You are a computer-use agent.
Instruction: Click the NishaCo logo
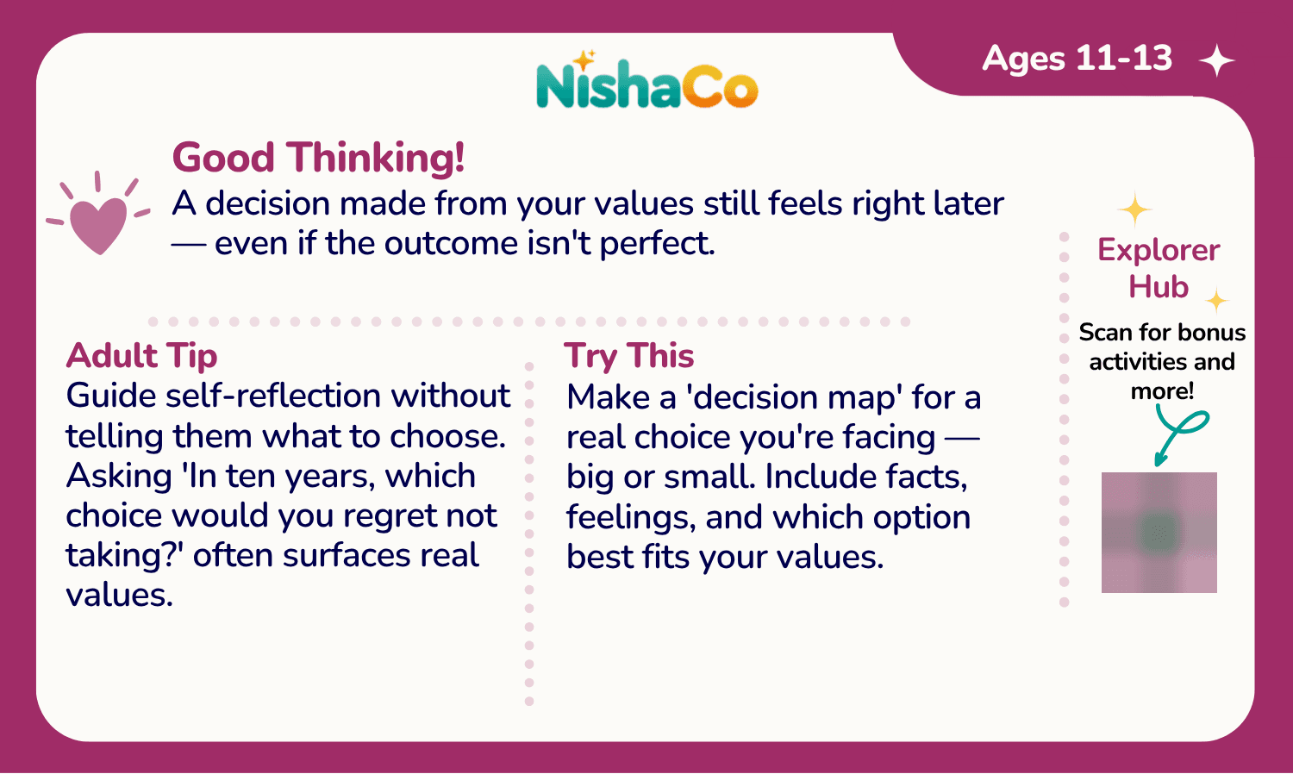point(647,80)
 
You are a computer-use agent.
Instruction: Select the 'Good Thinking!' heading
point(318,157)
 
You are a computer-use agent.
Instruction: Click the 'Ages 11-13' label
point(1077,59)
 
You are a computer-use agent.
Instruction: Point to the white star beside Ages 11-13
point(1217,60)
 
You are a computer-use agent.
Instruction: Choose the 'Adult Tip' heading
point(141,356)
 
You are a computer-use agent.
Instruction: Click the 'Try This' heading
point(629,356)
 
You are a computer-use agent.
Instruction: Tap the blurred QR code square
point(1159,532)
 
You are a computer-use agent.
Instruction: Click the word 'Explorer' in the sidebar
point(1159,250)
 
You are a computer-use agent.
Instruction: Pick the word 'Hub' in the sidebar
point(1159,286)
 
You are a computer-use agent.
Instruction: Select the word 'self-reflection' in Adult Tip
point(273,396)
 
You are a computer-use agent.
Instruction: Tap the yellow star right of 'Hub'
point(1217,300)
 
